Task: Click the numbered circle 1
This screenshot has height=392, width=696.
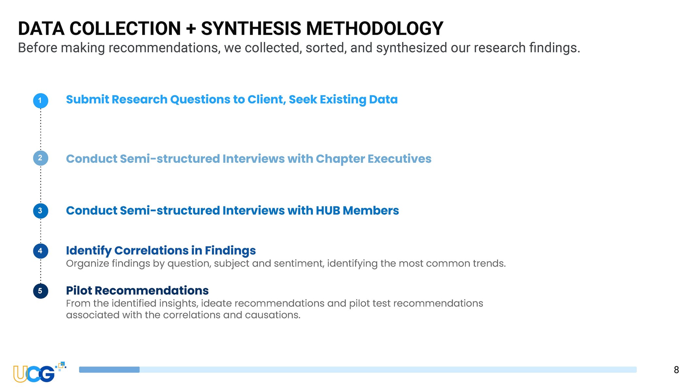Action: pyautogui.click(x=40, y=101)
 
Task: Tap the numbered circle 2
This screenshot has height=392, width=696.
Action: pyautogui.click(x=40, y=158)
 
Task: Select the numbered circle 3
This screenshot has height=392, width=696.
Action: pyautogui.click(x=40, y=211)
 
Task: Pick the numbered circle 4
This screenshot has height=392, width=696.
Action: pyautogui.click(x=40, y=251)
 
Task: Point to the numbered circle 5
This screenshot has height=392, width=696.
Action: pyautogui.click(x=40, y=291)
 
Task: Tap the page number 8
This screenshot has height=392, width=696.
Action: pyautogui.click(x=676, y=370)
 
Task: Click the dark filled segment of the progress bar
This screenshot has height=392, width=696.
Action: pyautogui.click(x=109, y=369)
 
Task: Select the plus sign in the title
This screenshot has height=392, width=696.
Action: pyautogui.click(x=191, y=29)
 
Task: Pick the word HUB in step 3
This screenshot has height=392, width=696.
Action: pyautogui.click(x=328, y=211)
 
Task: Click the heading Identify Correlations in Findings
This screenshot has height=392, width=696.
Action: pyautogui.click(x=161, y=251)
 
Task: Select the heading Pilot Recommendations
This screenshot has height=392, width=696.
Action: pyautogui.click(x=137, y=290)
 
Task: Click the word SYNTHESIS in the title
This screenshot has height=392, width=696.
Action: pyautogui.click(x=251, y=28)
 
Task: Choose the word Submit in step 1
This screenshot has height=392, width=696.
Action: pyautogui.click(x=88, y=99)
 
